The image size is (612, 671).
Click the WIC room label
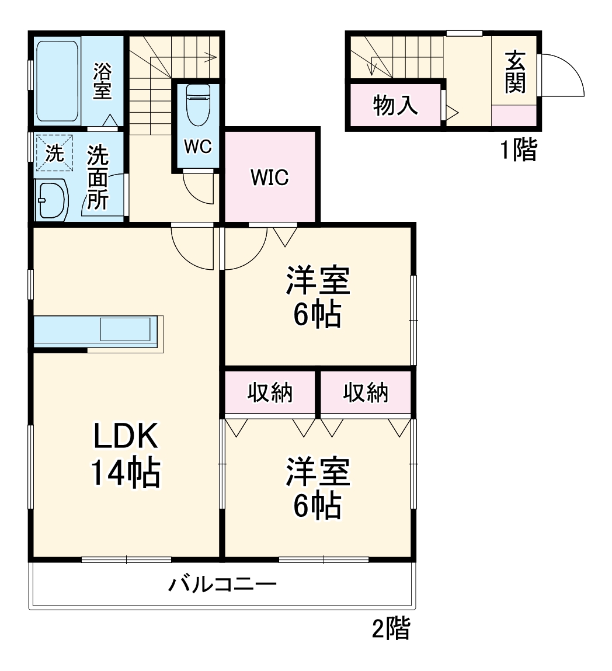point(270,177)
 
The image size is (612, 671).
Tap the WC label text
point(198,147)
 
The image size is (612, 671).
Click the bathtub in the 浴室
point(57,81)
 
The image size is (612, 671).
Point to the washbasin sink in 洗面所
point(51,200)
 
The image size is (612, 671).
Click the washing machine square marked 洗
point(54,153)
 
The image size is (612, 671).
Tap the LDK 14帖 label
point(126,454)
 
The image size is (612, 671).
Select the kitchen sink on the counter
point(126,329)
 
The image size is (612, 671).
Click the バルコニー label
point(222,585)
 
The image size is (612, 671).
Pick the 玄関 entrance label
point(515,72)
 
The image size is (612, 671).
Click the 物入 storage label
point(395,105)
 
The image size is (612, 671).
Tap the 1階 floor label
point(519,150)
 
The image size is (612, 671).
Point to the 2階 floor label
point(391,628)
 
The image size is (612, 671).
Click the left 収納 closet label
point(270,392)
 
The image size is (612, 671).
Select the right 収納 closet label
point(366,392)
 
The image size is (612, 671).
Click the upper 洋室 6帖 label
point(318,297)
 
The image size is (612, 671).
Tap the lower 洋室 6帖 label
point(318,488)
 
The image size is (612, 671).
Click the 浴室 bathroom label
point(102,81)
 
